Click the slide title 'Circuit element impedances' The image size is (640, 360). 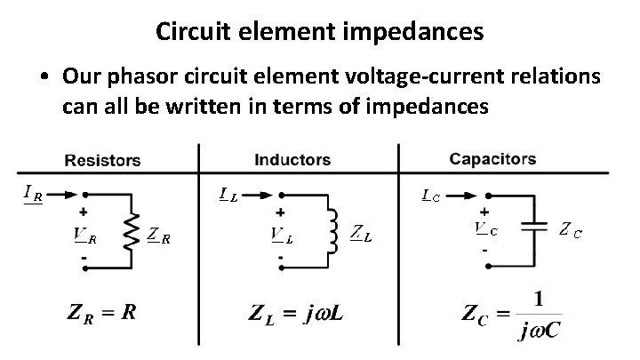(320, 32)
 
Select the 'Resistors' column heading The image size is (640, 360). (102, 161)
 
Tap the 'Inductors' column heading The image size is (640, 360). (292, 160)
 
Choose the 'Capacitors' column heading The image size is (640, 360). (492, 159)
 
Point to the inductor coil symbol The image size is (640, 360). (333, 232)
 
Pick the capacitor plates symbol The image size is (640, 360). (534, 228)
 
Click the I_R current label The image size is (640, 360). (32, 195)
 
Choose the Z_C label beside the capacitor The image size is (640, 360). (571, 230)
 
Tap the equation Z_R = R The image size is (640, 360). (101, 313)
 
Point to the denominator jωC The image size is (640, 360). (539, 332)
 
